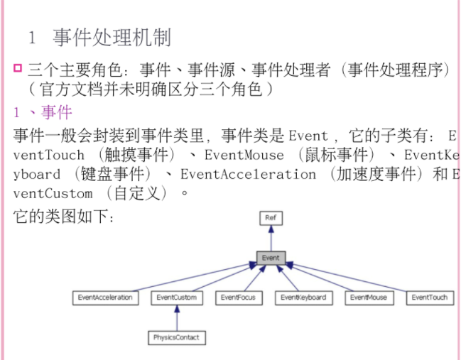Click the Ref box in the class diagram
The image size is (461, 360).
click(x=270, y=218)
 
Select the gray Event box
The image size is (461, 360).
click(x=270, y=258)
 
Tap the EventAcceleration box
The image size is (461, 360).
click(x=105, y=298)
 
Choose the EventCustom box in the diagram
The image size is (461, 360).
click(x=176, y=298)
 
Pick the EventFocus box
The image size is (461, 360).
click(x=238, y=298)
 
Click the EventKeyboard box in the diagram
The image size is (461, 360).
click(x=303, y=298)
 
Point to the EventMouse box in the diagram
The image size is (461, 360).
click(x=369, y=298)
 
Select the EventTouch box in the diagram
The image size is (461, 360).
click(x=430, y=298)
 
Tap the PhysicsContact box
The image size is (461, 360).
click(x=176, y=337)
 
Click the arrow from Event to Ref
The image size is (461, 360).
click(x=270, y=238)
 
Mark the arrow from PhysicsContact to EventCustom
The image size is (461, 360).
click(x=176, y=317)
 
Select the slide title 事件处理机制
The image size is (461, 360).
click(x=112, y=38)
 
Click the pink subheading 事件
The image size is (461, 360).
click(x=57, y=112)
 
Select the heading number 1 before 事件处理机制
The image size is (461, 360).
click(x=32, y=38)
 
